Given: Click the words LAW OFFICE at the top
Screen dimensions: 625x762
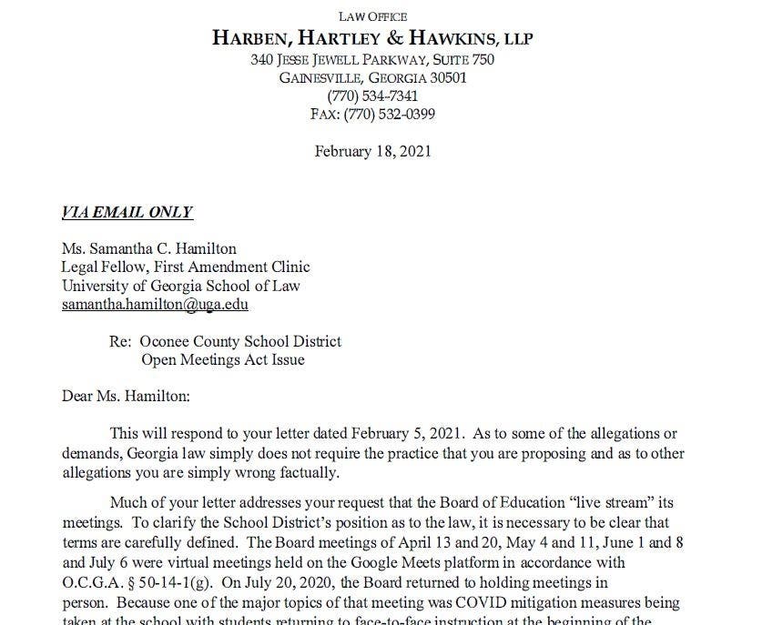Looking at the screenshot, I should pyautogui.click(x=372, y=16).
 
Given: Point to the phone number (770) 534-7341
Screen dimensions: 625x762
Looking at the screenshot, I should pyautogui.click(x=372, y=96).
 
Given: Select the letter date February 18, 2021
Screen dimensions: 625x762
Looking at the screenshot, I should pyautogui.click(x=372, y=151).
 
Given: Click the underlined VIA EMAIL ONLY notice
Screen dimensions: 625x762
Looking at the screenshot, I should pyautogui.click(x=127, y=212).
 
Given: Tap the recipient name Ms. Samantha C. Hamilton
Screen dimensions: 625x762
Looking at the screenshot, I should pyautogui.click(x=149, y=248).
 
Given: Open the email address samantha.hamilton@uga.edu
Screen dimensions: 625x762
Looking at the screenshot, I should pyautogui.click(x=155, y=305).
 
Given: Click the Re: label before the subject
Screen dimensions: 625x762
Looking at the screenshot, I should pyautogui.click(x=121, y=341).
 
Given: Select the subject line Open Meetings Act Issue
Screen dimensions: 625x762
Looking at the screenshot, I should pyautogui.click(x=223, y=359).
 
